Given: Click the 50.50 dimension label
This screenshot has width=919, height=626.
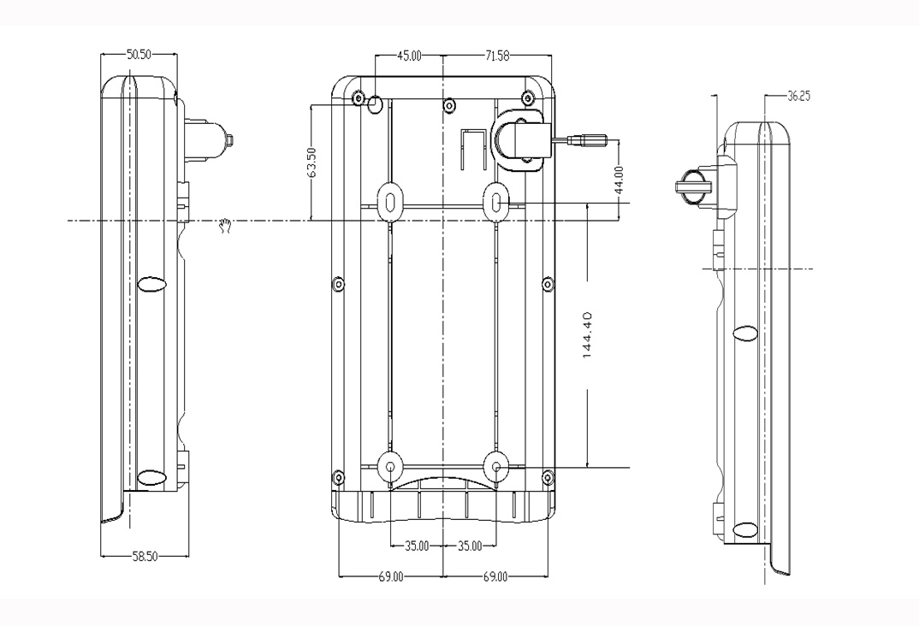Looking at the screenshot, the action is [x=139, y=55].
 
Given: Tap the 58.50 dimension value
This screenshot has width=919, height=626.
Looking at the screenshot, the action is [x=144, y=557].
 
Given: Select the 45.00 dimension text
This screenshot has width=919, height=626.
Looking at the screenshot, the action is [x=409, y=56].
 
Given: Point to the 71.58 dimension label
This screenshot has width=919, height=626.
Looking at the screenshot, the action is [x=497, y=56].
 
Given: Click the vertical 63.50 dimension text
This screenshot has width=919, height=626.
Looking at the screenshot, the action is [x=311, y=162].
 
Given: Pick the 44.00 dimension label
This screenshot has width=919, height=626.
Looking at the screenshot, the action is [x=620, y=180].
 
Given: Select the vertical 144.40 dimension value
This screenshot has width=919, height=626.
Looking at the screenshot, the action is [x=589, y=335].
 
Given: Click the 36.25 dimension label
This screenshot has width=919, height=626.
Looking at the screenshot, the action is [x=798, y=96].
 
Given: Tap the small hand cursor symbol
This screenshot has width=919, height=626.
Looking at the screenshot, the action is [x=225, y=226].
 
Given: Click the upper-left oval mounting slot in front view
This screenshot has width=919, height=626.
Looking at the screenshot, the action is [x=389, y=202].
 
